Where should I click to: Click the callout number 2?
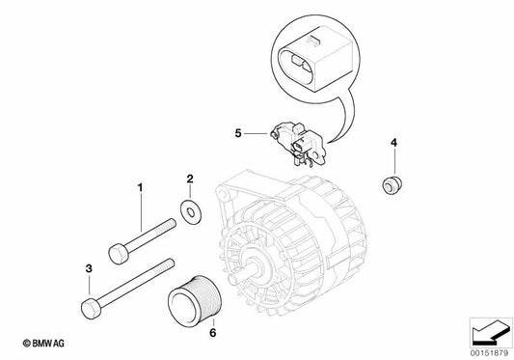190,178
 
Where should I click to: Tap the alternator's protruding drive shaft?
254,270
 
